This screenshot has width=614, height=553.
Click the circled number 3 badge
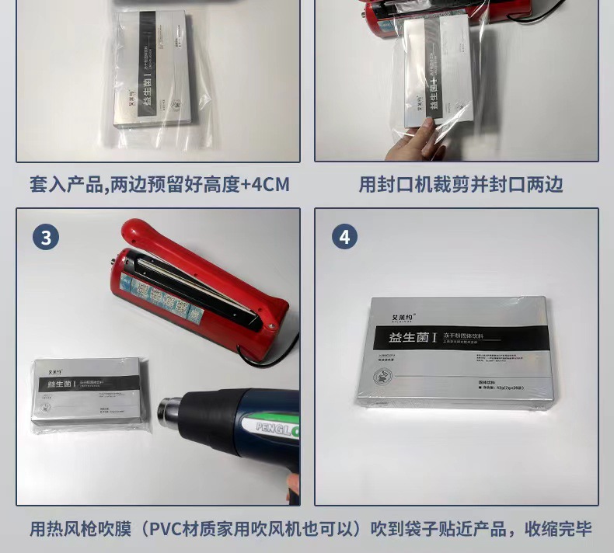click(46, 237)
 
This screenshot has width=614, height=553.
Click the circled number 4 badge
click(344, 237)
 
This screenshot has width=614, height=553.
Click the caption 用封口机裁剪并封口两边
click(460, 184)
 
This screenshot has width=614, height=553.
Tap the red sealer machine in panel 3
click(202, 287)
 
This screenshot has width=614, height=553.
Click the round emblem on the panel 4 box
click(383, 375)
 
